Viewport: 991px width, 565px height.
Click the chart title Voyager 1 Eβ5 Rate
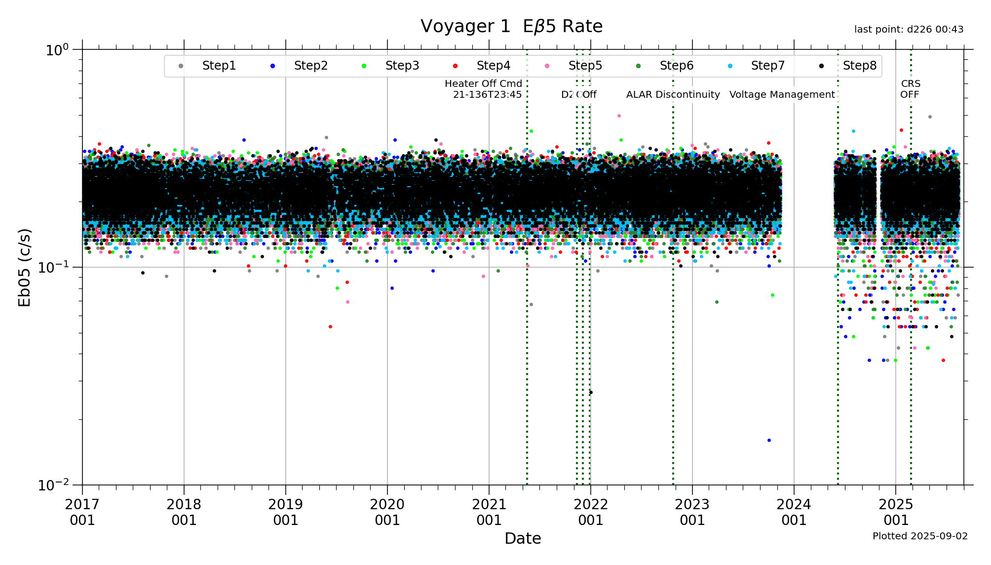[x=511, y=27]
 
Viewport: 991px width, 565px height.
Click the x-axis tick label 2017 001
[x=82, y=512]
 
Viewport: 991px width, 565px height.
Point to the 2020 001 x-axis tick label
[x=387, y=512]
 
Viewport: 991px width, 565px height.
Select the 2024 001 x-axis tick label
[x=794, y=512]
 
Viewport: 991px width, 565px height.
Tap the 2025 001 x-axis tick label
[x=896, y=512]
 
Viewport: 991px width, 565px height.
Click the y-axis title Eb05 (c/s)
[x=25, y=267]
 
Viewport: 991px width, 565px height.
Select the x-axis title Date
[x=523, y=538]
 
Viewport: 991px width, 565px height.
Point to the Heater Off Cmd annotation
[x=484, y=89]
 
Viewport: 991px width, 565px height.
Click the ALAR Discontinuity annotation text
[x=673, y=95]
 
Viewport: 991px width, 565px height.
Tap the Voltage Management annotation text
[x=782, y=95]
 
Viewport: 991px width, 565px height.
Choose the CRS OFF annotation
[x=910, y=89]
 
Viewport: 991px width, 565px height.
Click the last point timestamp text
[x=909, y=30]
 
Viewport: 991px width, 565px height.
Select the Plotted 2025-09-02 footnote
[x=920, y=536]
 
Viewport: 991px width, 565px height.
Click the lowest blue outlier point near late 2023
[x=769, y=440]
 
